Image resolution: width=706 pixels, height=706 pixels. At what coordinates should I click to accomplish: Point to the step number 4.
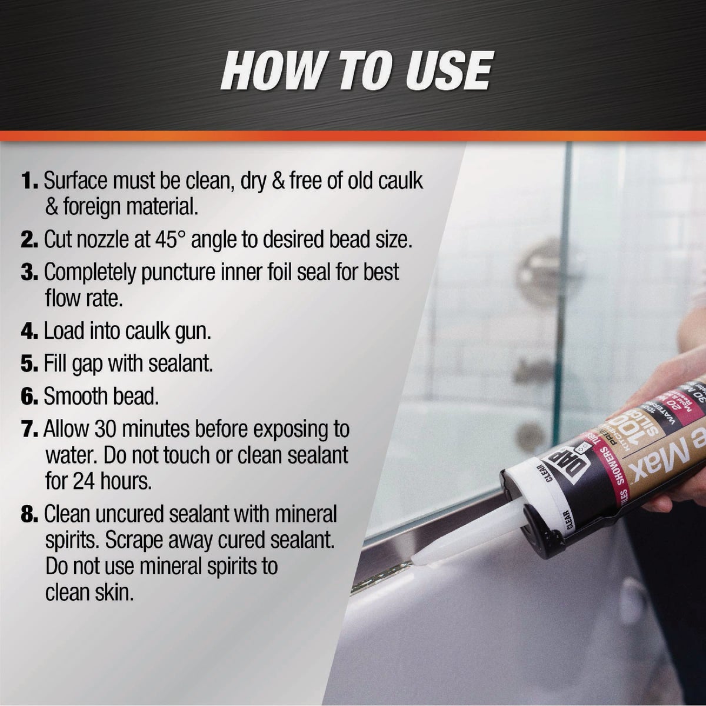pos(29,331)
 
